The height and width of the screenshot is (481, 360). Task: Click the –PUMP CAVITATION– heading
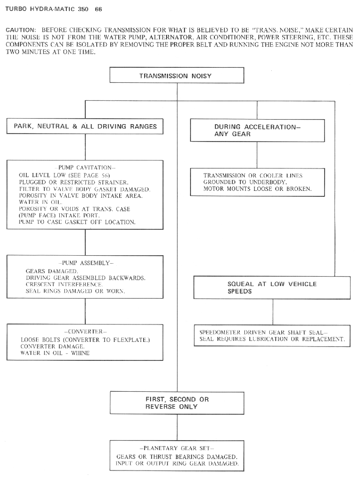click(x=85, y=167)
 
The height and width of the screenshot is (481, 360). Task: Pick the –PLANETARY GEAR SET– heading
click(x=177, y=448)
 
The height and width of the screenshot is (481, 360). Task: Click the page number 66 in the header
click(x=98, y=9)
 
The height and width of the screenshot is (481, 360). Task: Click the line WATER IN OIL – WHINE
click(x=55, y=353)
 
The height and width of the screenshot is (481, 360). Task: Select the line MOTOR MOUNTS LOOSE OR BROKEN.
click(x=257, y=188)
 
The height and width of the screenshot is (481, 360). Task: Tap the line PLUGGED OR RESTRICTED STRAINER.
click(x=74, y=182)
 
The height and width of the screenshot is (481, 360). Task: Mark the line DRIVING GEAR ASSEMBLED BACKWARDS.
click(x=86, y=278)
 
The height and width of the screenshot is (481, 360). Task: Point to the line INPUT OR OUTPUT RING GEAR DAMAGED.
click(x=177, y=464)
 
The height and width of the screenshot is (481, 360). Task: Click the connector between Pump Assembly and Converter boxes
click(x=85, y=312)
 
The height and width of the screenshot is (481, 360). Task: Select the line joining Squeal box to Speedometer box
click(x=273, y=312)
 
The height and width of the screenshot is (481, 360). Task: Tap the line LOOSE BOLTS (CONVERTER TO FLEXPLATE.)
click(x=85, y=340)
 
